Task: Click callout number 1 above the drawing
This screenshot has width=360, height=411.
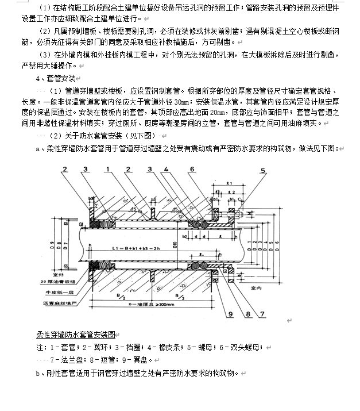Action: click(107, 168)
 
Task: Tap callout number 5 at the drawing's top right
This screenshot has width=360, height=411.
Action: click(264, 171)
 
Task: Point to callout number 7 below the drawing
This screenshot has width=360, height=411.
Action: click(262, 313)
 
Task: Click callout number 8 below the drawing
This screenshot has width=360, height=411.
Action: click(245, 313)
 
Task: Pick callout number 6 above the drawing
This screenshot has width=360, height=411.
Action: click(191, 168)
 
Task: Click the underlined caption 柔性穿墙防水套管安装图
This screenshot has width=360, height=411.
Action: click(75, 334)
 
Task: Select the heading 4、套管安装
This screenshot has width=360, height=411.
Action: click(55, 78)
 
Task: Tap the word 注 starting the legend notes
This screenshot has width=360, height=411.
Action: click(39, 347)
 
